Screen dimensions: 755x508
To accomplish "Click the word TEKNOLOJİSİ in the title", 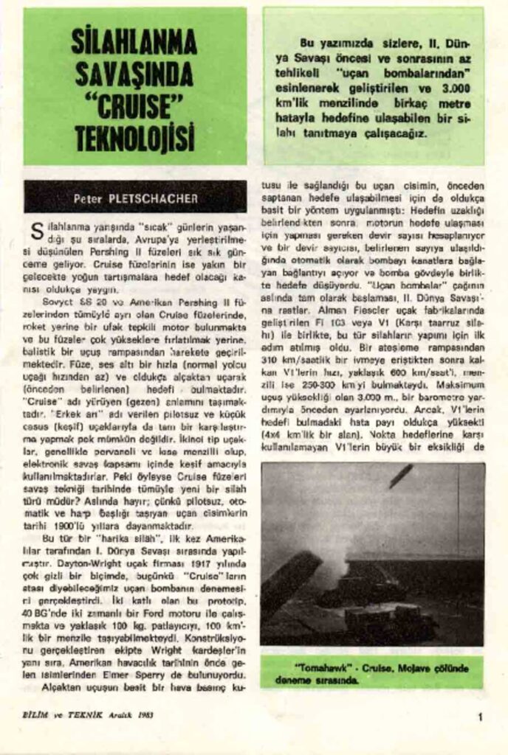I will [134, 137].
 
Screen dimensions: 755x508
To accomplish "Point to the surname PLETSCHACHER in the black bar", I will [155, 198].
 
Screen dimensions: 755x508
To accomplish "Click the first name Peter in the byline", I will [95, 198].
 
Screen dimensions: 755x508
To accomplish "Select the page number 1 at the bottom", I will [480, 715].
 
